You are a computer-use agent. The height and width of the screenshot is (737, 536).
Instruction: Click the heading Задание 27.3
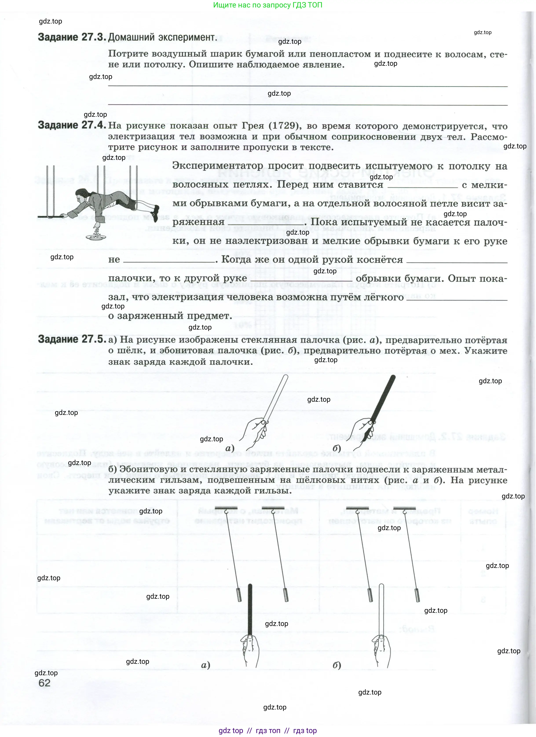72,37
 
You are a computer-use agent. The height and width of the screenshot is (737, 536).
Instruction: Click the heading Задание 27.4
72,125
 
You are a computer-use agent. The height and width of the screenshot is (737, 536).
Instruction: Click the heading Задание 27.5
72,339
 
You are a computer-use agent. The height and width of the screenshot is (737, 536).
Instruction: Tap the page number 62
44,683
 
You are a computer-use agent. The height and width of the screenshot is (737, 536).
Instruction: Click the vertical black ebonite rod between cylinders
250,611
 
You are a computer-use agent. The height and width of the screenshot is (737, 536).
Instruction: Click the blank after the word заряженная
265,222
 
